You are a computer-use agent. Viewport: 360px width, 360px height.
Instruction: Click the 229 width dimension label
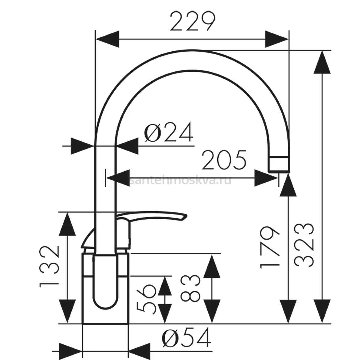(192, 21)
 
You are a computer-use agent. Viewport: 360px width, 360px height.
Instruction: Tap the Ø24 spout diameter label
(169, 132)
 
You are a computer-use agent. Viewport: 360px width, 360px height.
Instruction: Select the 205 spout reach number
(224, 160)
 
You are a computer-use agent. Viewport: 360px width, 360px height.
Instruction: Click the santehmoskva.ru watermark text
(180, 181)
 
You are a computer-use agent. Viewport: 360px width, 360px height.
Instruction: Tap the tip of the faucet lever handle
(186, 216)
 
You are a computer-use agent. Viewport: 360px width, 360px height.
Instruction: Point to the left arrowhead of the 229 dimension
(107, 39)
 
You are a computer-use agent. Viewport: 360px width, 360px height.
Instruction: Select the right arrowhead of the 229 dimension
(277, 39)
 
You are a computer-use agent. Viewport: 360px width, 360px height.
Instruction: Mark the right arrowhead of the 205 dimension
(266, 178)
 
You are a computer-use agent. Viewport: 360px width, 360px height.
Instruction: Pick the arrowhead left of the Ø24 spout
(82, 146)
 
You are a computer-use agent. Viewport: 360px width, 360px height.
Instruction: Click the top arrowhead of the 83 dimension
(212, 265)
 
